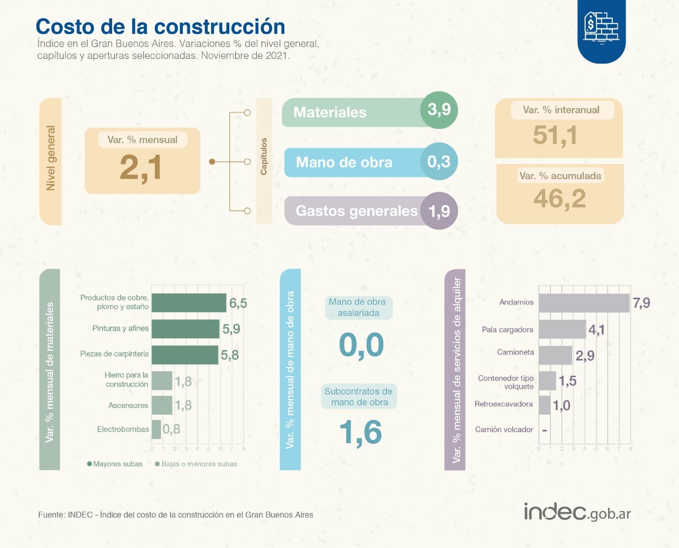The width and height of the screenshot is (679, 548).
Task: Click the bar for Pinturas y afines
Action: (x=185, y=329)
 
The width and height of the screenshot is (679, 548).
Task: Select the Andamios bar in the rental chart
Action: (x=584, y=303)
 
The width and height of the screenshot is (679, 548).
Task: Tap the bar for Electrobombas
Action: (x=156, y=429)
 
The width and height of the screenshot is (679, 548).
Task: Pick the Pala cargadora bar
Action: (x=562, y=329)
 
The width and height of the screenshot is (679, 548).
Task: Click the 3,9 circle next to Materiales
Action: (x=439, y=110)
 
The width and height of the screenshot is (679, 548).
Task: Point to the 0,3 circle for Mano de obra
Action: (x=439, y=162)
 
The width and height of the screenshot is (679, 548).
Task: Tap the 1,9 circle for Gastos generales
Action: (x=439, y=211)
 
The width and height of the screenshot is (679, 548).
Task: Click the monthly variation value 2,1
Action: (x=141, y=168)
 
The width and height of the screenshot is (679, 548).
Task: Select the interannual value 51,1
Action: (x=555, y=135)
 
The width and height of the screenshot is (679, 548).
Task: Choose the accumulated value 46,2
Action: (x=560, y=199)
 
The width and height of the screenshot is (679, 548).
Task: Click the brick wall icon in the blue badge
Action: (x=601, y=27)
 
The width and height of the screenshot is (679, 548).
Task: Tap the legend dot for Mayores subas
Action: (x=90, y=464)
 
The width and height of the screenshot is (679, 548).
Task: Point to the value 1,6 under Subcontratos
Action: (x=361, y=432)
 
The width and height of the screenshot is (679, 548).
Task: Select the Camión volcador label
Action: (x=504, y=429)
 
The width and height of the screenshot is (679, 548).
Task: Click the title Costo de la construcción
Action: (x=160, y=27)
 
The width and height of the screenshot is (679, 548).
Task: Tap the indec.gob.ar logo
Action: (x=577, y=512)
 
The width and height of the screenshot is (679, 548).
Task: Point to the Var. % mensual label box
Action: (x=142, y=140)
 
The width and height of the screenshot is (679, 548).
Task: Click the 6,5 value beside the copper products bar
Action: (x=238, y=303)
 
